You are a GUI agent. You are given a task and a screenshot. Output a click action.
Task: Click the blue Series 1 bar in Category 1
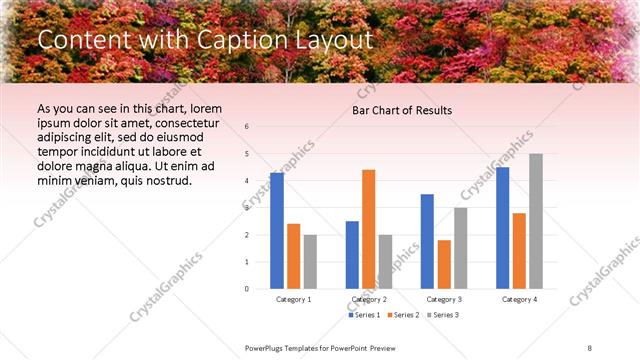click(277, 231)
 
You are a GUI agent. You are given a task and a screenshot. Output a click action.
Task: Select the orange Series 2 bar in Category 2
click(368, 229)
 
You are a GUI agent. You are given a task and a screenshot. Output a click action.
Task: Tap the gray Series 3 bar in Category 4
click(536, 221)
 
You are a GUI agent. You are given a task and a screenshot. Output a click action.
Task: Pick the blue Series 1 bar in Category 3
click(427, 241)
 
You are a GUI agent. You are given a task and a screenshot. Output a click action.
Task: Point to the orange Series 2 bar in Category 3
click(444, 264)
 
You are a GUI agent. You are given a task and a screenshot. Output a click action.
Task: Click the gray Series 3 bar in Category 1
click(310, 261)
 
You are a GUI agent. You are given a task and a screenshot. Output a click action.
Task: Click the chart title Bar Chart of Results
click(402, 110)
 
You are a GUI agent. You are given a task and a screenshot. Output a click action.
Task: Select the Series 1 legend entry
click(365, 315)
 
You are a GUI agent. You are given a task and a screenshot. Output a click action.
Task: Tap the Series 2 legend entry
click(403, 315)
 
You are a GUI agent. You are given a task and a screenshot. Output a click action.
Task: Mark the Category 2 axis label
click(369, 299)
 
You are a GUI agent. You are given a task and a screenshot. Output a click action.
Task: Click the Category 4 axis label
click(519, 299)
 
